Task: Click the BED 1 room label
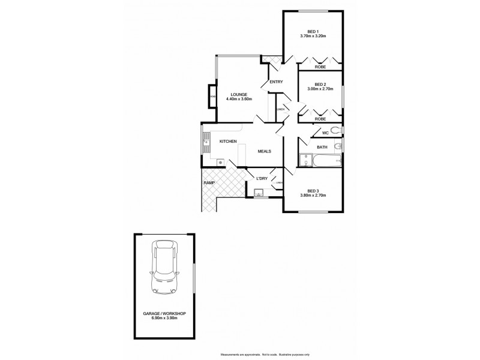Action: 311,31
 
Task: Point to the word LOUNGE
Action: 239,94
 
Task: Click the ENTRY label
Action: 275,82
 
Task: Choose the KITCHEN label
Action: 227,141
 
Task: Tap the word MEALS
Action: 265,151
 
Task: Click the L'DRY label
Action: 262,178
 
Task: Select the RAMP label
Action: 209,182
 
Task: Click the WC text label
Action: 325,133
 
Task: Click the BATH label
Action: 322,147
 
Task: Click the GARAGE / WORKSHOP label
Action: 164,314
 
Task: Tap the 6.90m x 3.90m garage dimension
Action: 164,319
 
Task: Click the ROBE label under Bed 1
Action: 320,67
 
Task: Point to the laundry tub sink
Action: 259,193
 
